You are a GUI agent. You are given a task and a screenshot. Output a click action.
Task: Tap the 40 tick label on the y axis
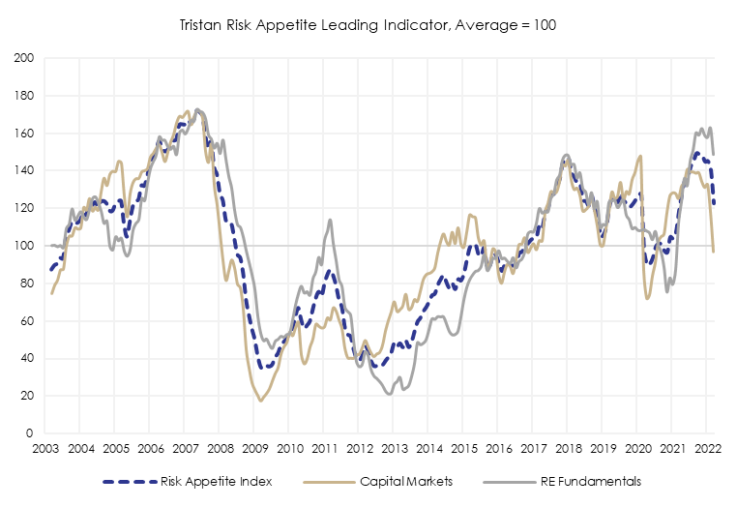click(28, 358)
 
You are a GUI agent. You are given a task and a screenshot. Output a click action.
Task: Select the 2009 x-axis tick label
click(253, 449)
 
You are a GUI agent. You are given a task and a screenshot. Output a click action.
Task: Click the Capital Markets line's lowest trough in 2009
click(260, 401)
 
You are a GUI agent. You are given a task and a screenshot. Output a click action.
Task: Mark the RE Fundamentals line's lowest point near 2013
click(389, 394)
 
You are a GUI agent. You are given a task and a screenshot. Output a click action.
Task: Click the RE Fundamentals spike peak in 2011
click(331, 220)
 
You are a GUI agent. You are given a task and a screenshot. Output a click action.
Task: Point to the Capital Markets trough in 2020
click(647, 298)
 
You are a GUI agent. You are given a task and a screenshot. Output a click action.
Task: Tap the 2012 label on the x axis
click(358, 449)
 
